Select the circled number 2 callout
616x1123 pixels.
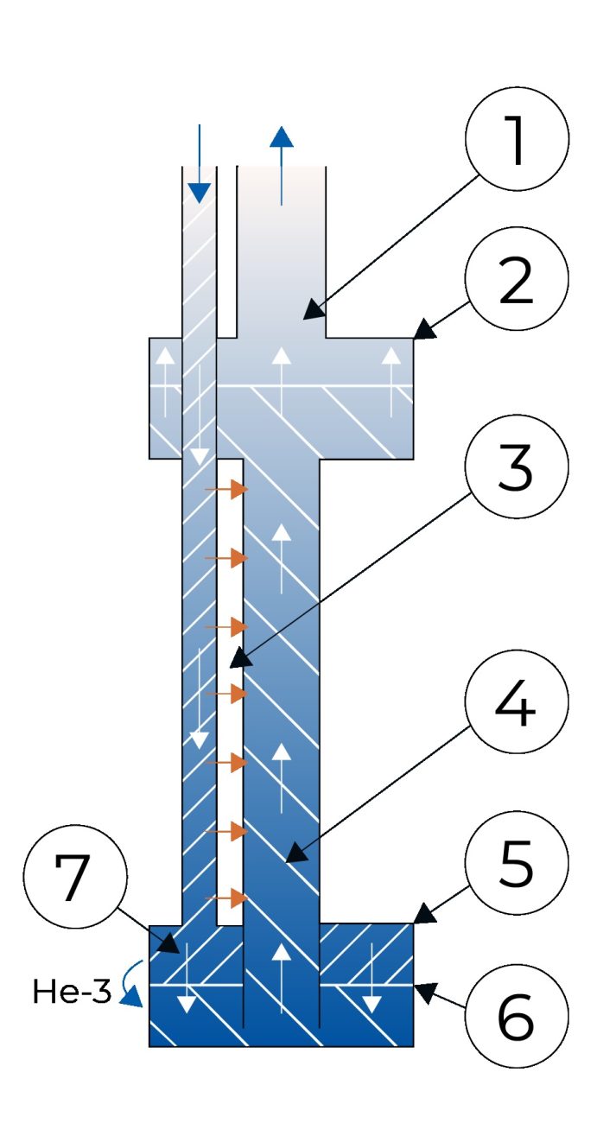(x=517, y=278)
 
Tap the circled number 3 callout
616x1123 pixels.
(x=517, y=472)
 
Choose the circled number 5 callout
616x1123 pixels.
(x=517, y=862)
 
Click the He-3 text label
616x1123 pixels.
(x=73, y=992)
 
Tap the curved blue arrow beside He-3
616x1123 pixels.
(x=130, y=986)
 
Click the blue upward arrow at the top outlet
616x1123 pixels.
(x=281, y=164)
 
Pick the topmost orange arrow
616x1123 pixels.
(x=226, y=490)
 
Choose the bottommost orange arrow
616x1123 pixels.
(x=226, y=900)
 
